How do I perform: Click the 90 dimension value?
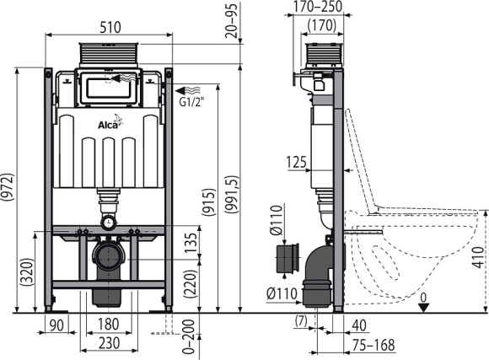56,326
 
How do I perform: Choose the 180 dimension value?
106,326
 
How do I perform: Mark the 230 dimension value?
106,343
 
